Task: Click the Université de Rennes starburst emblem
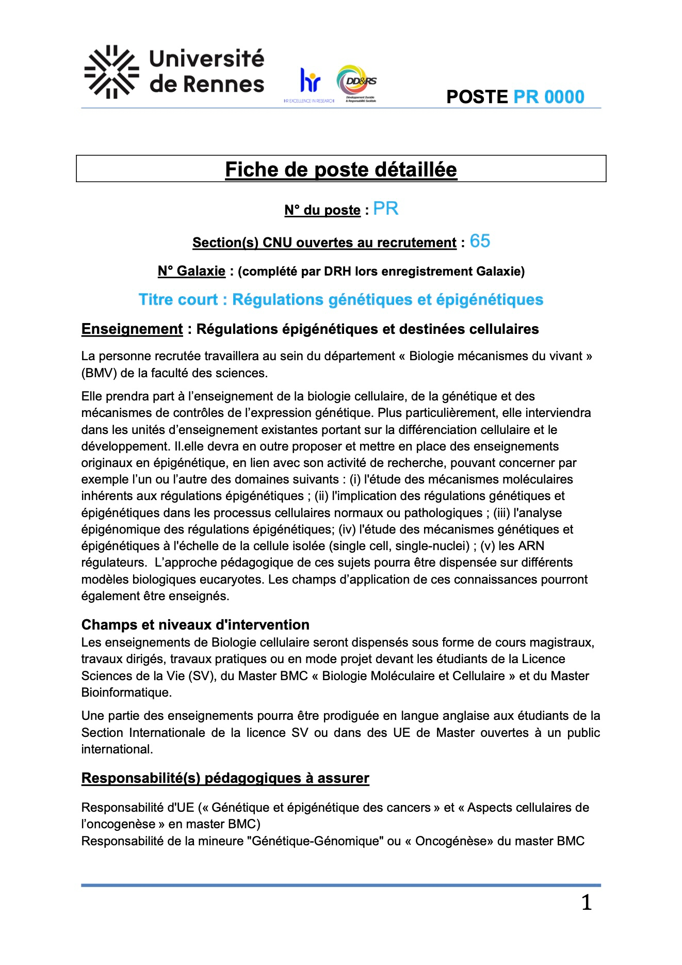pyautogui.click(x=111, y=72)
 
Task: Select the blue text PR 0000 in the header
pyautogui.click(x=548, y=97)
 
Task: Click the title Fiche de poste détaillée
pyautogui.click(x=341, y=169)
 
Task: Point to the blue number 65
pyautogui.click(x=480, y=241)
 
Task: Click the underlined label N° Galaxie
pyautogui.click(x=191, y=271)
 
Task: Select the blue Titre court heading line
pyautogui.click(x=341, y=300)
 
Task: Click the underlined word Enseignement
pyautogui.click(x=132, y=329)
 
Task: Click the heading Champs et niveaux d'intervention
pyautogui.click(x=196, y=625)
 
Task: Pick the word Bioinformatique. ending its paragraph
pyautogui.click(x=126, y=693)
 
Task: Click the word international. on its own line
pyautogui.click(x=117, y=749)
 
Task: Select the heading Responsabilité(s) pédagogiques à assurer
pyautogui.click(x=225, y=778)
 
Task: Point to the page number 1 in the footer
pyautogui.click(x=587, y=903)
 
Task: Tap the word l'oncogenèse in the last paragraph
pyautogui.click(x=118, y=824)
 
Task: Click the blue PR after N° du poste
pyautogui.click(x=386, y=208)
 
